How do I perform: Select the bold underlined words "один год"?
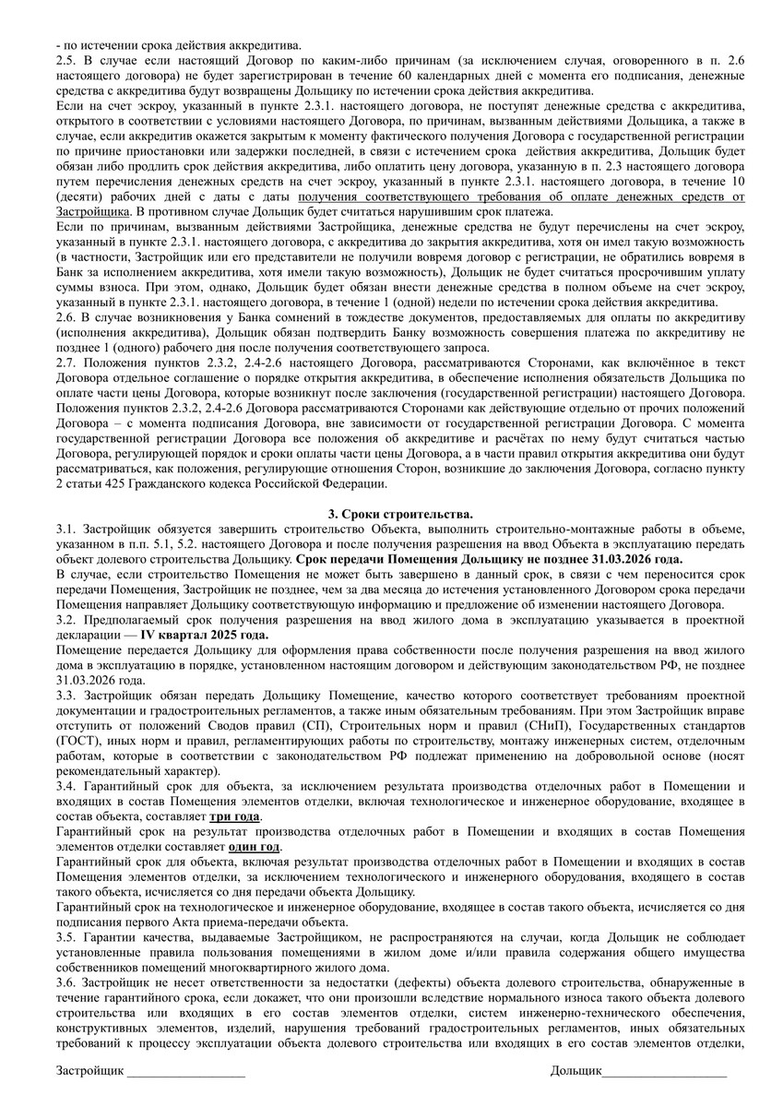(x=255, y=847)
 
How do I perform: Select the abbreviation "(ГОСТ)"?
(x=77, y=741)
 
